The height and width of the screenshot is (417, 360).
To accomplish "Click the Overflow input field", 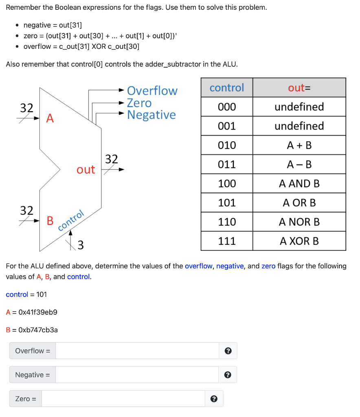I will [x=137, y=351].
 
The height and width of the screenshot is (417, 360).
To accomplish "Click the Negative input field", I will [x=137, y=375].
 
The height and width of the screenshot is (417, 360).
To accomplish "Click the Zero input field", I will [x=123, y=399].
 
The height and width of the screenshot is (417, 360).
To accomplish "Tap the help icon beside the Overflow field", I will [x=228, y=351].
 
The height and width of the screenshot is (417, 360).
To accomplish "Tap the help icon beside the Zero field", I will [x=214, y=399].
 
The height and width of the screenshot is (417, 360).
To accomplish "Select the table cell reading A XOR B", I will [x=299, y=241].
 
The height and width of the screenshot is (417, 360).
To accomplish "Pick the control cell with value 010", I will [x=227, y=145].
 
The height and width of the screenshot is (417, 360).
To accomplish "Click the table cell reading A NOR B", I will [x=299, y=222].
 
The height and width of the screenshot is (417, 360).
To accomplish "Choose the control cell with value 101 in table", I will [x=227, y=203].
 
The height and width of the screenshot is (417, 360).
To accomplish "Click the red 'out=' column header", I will [x=299, y=88].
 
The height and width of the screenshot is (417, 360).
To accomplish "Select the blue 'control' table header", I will [x=227, y=88].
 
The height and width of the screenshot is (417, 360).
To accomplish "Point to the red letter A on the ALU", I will [x=50, y=119].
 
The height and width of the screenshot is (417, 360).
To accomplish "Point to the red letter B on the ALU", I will [x=50, y=221].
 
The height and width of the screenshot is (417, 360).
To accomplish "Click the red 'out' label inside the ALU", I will [x=86, y=170].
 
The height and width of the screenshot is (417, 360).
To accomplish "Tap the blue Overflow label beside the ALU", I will [x=152, y=90].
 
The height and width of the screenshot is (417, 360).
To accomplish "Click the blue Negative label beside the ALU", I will [x=151, y=115].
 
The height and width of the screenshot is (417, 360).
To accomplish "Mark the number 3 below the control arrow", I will [x=81, y=245].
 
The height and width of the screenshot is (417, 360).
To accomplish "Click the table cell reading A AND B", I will [x=299, y=184].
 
